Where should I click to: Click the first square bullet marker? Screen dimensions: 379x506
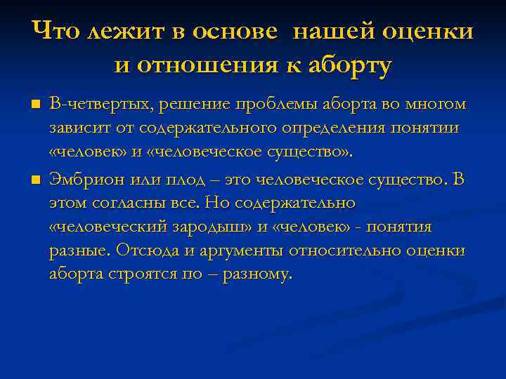click(36, 105)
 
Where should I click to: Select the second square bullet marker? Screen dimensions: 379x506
click(36, 181)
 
